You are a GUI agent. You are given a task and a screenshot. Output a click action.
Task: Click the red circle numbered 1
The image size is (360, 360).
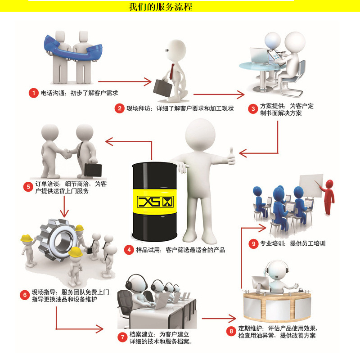click(x=33, y=93)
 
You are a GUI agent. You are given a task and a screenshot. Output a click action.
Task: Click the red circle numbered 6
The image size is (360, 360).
click(x=24, y=295)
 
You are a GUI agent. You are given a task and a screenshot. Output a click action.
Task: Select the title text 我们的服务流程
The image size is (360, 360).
click(x=160, y=7)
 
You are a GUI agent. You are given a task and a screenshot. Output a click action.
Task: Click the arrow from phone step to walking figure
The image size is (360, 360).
click(x=124, y=81)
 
